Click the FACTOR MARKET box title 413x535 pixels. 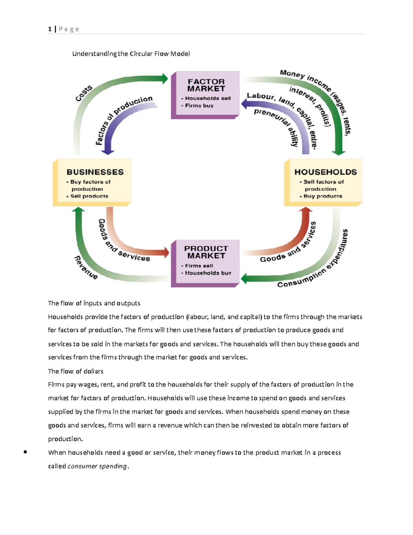click(x=206, y=85)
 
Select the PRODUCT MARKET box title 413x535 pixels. click(x=206, y=252)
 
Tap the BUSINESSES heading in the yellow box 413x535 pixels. click(x=95, y=172)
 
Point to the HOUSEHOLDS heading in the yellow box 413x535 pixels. click(x=326, y=172)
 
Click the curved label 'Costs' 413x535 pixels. click(x=84, y=93)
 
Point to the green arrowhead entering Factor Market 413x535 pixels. click(x=165, y=79)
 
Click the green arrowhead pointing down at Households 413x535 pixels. click(x=339, y=152)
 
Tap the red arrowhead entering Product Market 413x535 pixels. click(x=167, y=253)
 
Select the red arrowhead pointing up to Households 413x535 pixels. click(x=305, y=210)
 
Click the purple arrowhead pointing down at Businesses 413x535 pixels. click(x=108, y=151)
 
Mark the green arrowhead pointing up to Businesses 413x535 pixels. click(x=79, y=210)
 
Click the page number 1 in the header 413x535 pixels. click(x=50, y=29)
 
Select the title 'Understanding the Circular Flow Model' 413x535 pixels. click(x=131, y=54)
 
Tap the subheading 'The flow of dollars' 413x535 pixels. click(x=75, y=371)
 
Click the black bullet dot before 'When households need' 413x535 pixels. click(x=25, y=452)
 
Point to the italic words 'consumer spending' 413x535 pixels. click(x=97, y=466)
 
